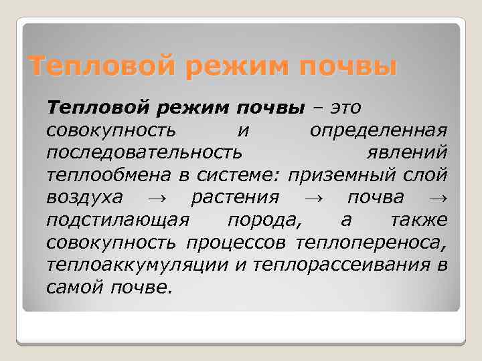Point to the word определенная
378,130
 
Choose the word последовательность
144,152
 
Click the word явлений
407,152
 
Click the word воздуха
84,198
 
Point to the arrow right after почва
438,199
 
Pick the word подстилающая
120,221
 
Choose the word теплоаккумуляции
139,265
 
